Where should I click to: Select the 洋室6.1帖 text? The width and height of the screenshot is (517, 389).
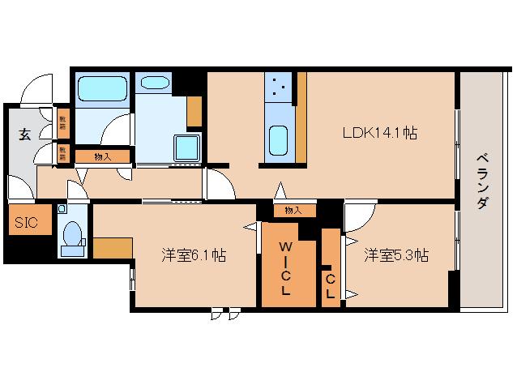[x=192, y=255]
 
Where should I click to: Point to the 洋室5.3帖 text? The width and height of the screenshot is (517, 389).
[x=396, y=255]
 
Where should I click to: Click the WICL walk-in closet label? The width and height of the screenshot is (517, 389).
[x=286, y=267]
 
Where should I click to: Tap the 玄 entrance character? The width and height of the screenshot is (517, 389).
[x=25, y=135]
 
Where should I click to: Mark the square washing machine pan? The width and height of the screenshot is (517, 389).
[x=186, y=147]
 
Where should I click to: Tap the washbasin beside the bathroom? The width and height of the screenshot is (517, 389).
[x=153, y=82]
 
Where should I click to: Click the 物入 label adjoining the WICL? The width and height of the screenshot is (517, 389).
[x=293, y=211]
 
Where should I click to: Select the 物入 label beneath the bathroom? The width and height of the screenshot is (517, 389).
[x=102, y=156]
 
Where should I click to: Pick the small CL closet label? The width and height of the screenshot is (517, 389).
[x=331, y=286]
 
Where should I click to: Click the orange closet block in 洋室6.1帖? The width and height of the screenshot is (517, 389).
[x=113, y=248]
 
